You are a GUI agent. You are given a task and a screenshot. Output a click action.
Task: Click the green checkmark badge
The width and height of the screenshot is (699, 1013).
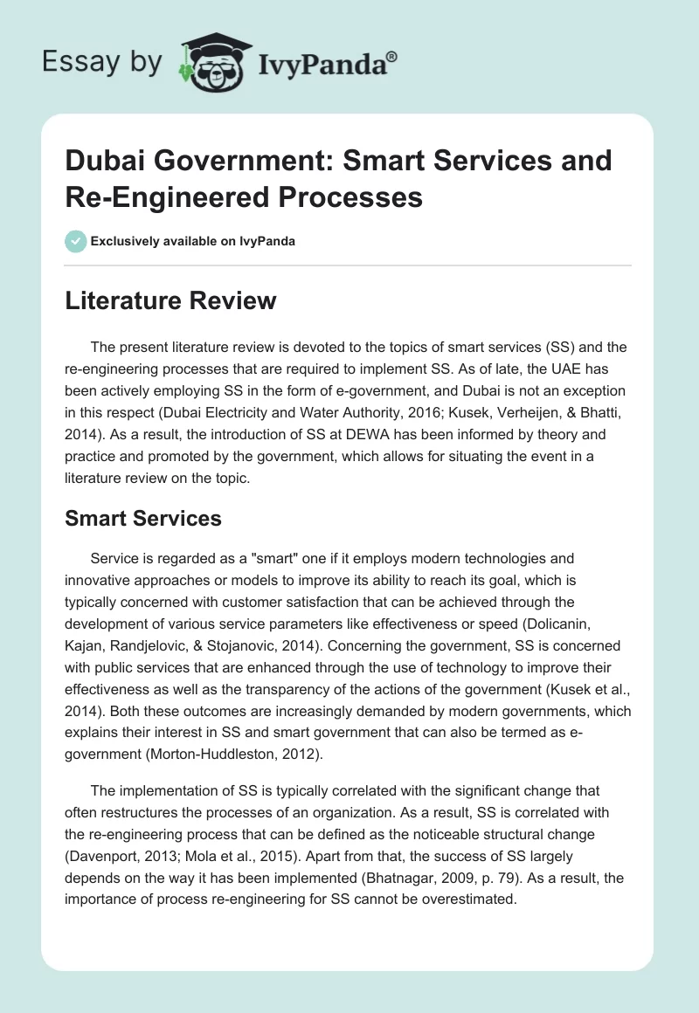pos(76,241)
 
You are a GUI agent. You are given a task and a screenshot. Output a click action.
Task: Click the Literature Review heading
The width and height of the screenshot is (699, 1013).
pos(171,301)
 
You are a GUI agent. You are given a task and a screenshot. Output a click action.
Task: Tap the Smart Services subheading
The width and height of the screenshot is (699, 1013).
pos(143,518)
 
